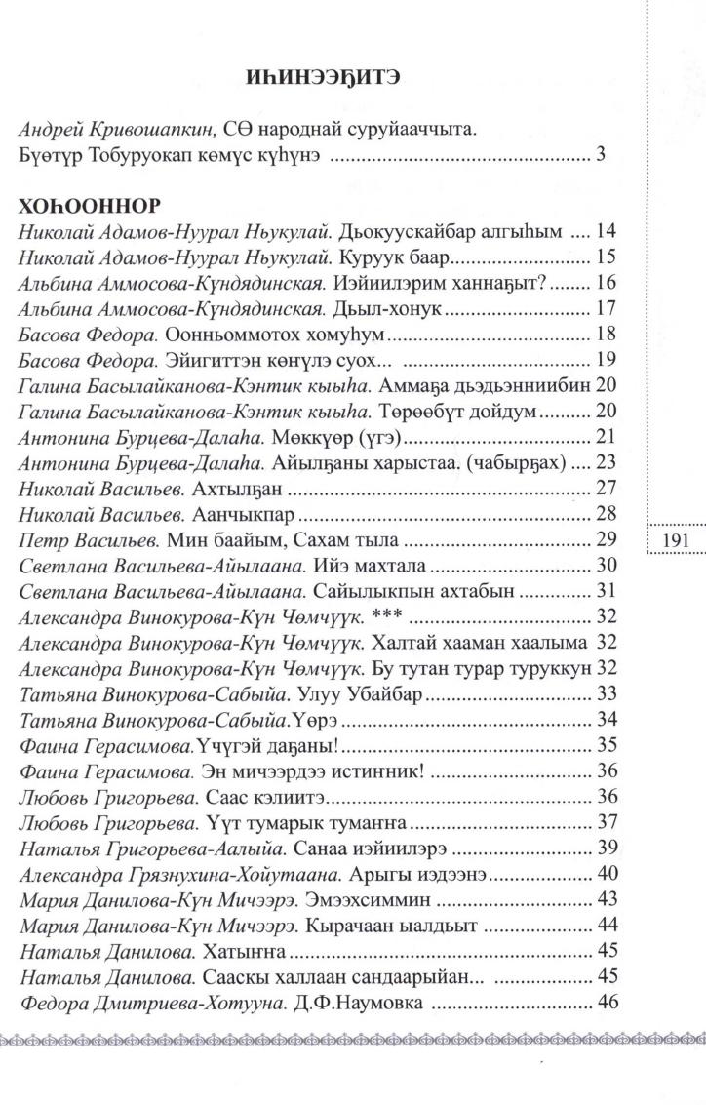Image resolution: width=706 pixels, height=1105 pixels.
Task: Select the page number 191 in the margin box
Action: pyautogui.click(x=675, y=540)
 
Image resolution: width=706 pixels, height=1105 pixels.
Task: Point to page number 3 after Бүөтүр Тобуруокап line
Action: pyautogui.click(x=601, y=155)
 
